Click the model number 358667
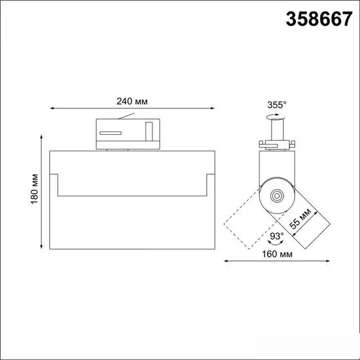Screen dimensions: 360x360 (319, 19)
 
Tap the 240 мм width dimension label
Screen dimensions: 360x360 (132, 101)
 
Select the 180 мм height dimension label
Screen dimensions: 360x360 (35, 189)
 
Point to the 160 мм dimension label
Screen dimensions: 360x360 (277, 254)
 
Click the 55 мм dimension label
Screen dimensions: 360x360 (300, 219)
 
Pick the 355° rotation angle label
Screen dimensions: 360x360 (277, 105)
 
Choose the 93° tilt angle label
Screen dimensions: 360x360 (276, 236)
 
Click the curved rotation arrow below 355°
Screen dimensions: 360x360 (275, 117)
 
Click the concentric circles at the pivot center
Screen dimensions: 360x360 (277, 196)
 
